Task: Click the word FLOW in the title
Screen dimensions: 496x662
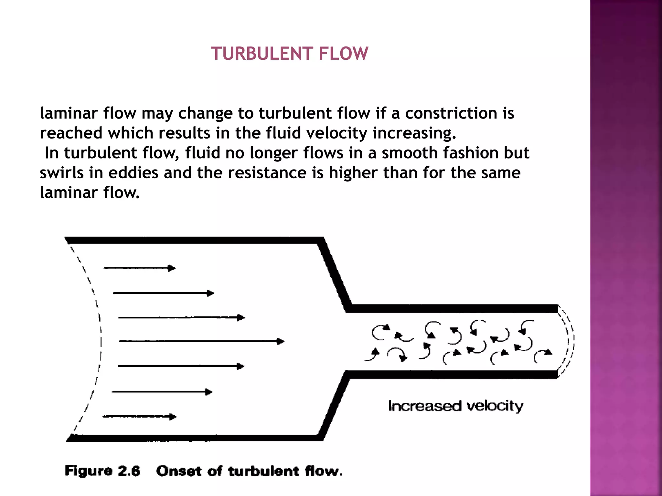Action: point(343,54)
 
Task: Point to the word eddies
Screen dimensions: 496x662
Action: point(133,173)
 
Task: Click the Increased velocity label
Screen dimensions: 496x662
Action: point(455,406)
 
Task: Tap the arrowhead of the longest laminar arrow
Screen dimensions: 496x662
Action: point(281,341)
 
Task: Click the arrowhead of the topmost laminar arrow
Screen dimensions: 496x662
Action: point(172,268)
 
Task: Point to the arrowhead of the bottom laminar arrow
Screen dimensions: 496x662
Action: point(173,417)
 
